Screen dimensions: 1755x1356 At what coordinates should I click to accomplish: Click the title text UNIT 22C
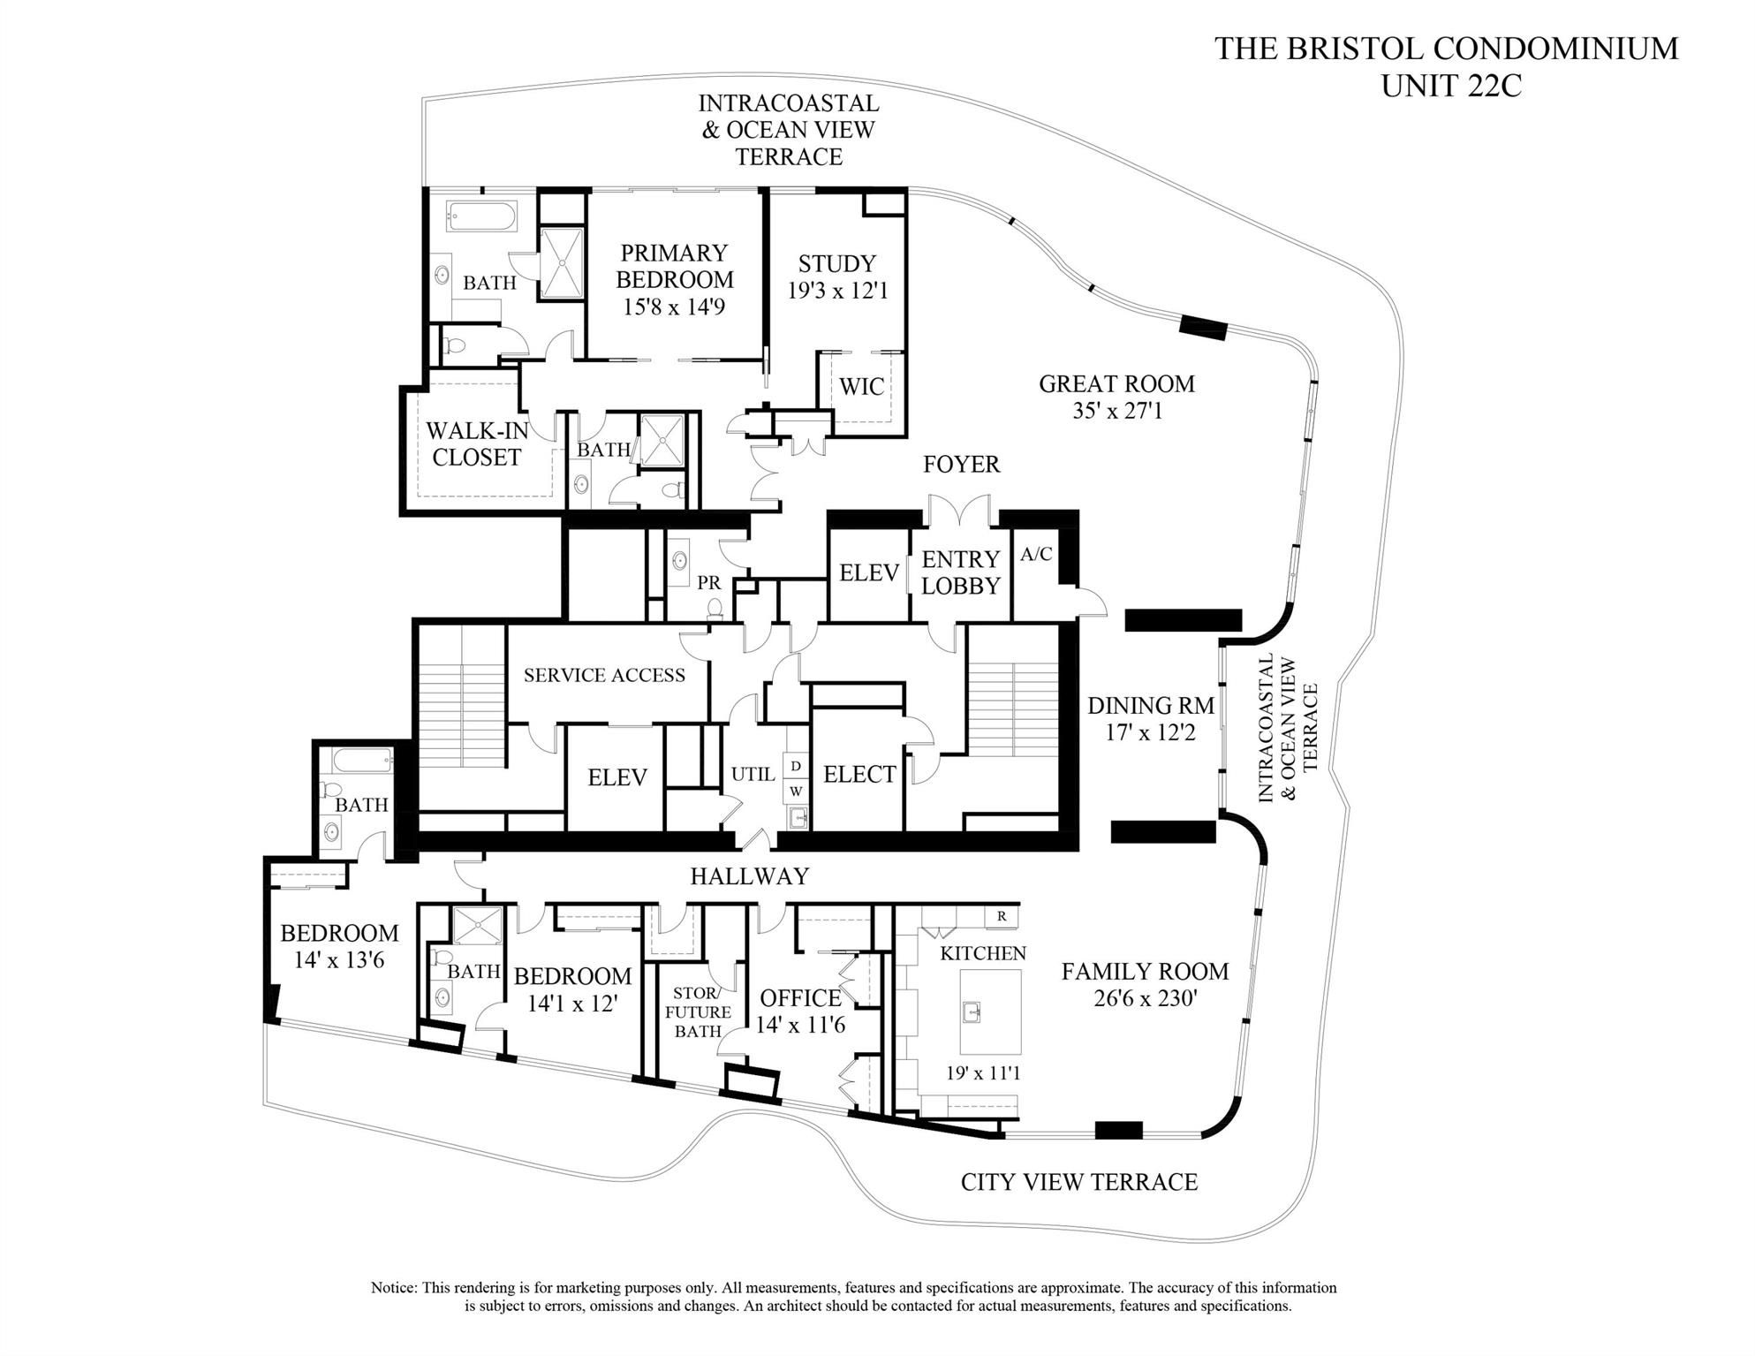click(1451, 87)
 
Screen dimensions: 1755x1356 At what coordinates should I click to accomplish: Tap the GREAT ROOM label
click(1116, 383)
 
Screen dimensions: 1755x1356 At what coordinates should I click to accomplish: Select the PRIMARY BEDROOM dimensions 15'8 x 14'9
click(674, 307)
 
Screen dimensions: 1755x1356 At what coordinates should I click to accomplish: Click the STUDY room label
click(836, 263)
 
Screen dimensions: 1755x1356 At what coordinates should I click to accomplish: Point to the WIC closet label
click(861, 386)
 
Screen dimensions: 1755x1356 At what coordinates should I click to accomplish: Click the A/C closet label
click(1036, 554)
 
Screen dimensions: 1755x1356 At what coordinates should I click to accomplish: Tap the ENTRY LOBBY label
click(960, 572)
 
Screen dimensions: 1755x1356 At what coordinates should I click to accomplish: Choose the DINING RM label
click(1151, 706)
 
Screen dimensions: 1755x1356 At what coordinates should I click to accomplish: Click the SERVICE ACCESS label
click(604, 676)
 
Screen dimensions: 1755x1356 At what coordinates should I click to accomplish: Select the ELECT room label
click(859, 775)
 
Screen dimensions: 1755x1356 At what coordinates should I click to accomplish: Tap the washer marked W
click(796, 791)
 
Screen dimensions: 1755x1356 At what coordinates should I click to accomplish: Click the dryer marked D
click(796, 765)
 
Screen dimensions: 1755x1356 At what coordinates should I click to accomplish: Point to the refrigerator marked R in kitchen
click(1002, 916)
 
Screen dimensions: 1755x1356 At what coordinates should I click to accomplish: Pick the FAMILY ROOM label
click(1145, 972)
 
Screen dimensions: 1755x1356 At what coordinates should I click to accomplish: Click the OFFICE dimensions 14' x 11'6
click(800, 1025)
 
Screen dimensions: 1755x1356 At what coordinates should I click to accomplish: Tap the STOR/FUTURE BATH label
click(698, 1011)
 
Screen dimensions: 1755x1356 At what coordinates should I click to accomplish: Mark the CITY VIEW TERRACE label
click(1079, 1182)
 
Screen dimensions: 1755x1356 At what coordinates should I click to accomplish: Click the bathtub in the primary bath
click(481, 216)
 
